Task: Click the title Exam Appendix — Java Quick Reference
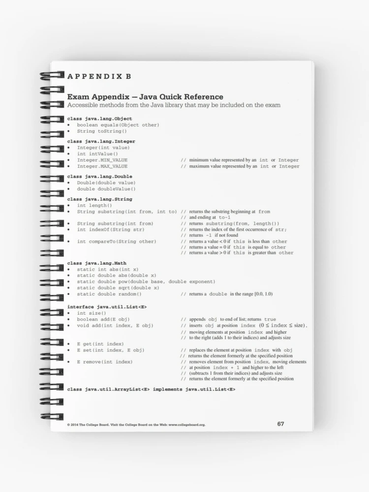click(145, 97)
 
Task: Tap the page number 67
click(280, 424)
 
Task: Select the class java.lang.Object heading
click(99, 119)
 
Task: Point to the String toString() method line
click(102, 131)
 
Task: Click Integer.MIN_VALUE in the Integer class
click(102, 160)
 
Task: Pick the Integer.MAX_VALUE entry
click(102, 166)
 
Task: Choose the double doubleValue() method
click(106, 189)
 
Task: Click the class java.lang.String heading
click(99, 199)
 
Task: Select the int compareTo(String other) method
click(117, 242)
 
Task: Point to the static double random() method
click(109, 294)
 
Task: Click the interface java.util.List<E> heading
click(107, 307)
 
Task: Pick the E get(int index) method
click(100, 343)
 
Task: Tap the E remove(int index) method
click(104, 362)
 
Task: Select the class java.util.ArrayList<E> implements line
click(151, 389)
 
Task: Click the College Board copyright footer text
click(136, 425)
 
